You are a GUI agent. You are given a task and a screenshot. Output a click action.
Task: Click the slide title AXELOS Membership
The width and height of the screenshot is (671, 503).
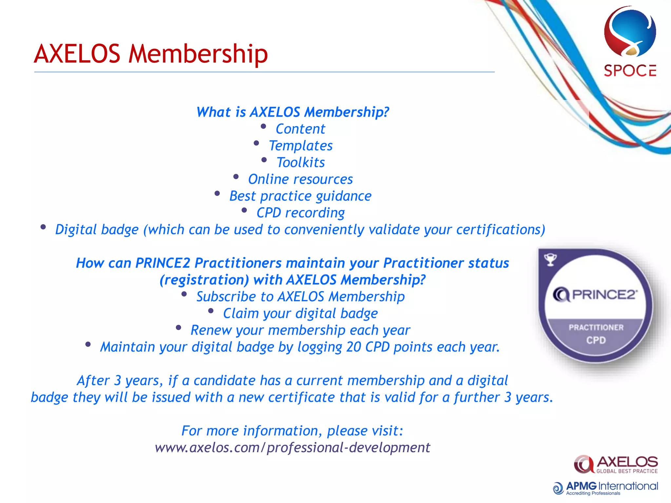[x=151, y=54]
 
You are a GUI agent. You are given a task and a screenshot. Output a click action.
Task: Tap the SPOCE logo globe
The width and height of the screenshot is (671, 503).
[x=630, y=33]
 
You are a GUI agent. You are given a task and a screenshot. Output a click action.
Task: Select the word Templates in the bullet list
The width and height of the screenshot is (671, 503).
[x=300, y=146]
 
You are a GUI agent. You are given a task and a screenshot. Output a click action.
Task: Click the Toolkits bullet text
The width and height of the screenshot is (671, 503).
[x=300, y=162]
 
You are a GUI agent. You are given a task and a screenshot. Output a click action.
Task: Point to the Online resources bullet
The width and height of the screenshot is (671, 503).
[x=300, y=179]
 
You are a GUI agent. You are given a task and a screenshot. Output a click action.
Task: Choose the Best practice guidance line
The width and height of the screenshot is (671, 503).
[x=300, y=196]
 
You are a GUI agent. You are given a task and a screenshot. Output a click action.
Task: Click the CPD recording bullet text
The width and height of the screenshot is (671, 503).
[x=300, y=213]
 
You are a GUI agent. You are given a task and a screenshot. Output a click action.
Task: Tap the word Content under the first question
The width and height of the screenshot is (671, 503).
[x=300, y=129]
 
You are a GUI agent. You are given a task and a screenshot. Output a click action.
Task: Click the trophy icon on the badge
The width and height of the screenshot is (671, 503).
[x=550, y=260]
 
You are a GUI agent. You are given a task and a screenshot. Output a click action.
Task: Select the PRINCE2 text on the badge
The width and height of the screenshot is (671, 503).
[x=604, y=295]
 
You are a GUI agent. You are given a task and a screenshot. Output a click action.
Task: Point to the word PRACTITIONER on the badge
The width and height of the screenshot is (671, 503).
[x=596, y=327]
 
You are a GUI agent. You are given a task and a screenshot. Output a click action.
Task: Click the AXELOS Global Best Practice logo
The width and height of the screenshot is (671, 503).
[x=616, y=464]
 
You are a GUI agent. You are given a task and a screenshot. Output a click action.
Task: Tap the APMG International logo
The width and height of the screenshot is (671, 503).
[x=605, y=488]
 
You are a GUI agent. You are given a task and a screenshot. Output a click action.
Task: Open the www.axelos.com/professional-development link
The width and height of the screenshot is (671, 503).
[x=292, y=448]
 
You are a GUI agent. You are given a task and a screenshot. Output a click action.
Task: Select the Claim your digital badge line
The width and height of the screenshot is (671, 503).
[x=300, y=313]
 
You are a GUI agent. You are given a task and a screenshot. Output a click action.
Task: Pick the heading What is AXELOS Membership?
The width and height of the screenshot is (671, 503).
[x=293, y=112]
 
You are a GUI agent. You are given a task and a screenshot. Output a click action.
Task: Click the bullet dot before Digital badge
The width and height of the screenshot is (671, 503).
[x=43, y=227]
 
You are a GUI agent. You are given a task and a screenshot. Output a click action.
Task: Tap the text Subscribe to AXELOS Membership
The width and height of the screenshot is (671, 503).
[x=300, y=297]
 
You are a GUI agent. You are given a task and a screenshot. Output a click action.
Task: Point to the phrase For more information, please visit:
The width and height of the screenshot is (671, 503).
[x=292, y=431]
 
